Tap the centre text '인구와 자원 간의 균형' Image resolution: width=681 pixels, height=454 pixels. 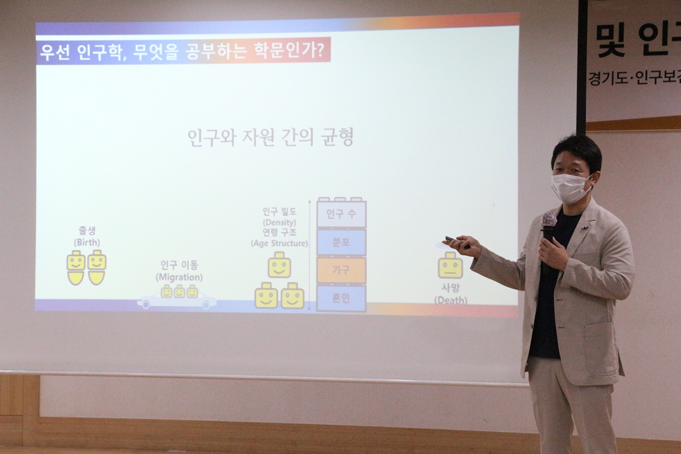(x=270, y=138)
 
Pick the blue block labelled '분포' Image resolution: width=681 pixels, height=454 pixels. (x=341, y=243)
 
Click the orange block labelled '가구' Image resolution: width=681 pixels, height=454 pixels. (x=341, y=271)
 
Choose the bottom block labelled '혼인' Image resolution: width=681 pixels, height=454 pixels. (x=341, y=298)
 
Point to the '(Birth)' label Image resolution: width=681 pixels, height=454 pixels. (x=87, y=243)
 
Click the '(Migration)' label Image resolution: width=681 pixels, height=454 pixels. (x=179, y=277)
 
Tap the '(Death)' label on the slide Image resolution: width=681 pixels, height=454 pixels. (x=451, y=300)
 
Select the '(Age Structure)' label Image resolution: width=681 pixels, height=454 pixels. (x=279, y=243)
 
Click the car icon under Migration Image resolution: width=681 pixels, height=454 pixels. (x=177, y=300)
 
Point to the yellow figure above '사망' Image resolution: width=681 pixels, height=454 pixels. (x=450, y=265)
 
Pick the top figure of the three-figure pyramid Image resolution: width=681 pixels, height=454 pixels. (x=279, y=265)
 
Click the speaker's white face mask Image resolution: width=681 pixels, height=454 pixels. (x=570, y=188)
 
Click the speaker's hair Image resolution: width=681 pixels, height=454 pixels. (x=576, y=149)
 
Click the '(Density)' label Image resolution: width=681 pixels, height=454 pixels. (x=279, y=222)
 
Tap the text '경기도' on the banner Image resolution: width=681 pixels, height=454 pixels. (x=605, y=78)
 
